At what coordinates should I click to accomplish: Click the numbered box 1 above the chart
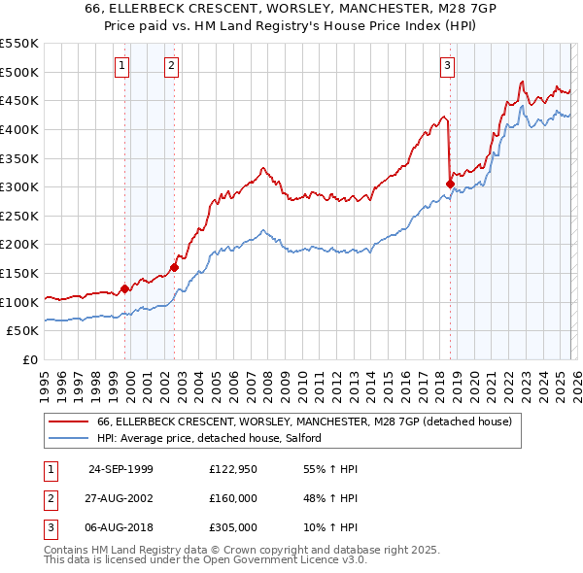tap(122, 66)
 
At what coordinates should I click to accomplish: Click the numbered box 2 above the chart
tap(171, 66)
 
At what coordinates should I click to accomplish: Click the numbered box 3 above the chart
tap(447, 66)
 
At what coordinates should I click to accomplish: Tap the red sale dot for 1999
tap(124, 288)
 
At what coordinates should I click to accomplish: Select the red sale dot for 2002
tap(175, 267)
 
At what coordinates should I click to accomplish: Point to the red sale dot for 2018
tap(450, 184)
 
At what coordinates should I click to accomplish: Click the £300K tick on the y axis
tap(19, 186)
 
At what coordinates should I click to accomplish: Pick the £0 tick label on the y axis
tap(29, 359)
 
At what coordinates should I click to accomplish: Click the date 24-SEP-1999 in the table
tap(120, 468)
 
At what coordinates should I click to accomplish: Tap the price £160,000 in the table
tap(232, 498)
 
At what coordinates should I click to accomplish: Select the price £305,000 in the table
tap(232, 528)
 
